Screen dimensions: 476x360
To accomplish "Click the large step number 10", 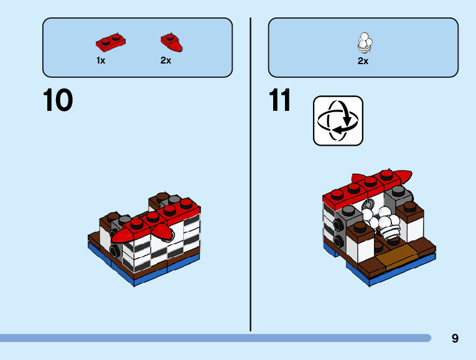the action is click(x=58, y=101).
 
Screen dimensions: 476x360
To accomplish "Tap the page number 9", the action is click(x=455, y=339).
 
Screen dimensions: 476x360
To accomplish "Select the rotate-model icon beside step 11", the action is click(x=338, y=120).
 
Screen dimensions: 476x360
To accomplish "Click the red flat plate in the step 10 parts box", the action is click(x=110, y=42).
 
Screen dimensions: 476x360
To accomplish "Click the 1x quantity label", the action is click(x=101, y=61).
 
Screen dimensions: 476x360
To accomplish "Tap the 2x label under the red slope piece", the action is click(x=166, y=61).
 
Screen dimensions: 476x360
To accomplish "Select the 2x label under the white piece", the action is click(x=363, y=61).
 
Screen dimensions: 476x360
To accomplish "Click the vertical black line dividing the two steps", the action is click(x=251, y=174).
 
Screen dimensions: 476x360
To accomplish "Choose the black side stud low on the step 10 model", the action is click(x=114, y=250).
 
